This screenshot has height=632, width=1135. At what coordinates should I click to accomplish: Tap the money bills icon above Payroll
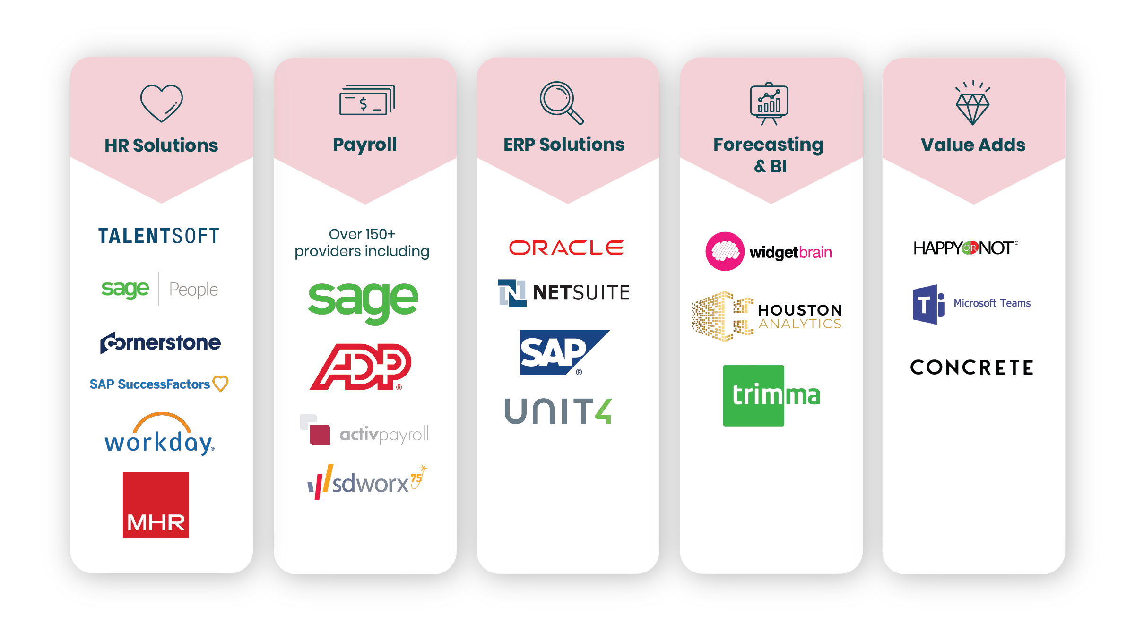click(x=367, y=100)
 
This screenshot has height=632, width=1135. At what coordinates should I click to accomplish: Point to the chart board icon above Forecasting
click(x=769, y=103)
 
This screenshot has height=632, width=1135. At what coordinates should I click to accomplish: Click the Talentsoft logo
click(x=159, y=236)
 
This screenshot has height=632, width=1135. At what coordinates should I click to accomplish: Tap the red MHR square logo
click(x=156, y=505)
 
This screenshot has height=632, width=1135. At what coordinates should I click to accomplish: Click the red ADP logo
click(x=361, y=367)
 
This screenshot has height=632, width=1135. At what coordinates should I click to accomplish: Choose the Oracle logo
click(x=566, y=248)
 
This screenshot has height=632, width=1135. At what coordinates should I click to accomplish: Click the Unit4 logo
click(x=558, y=411)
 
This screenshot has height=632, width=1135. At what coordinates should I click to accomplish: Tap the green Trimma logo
click(x=771, y=396)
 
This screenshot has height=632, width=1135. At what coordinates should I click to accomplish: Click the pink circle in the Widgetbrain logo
click(x=725, y=251)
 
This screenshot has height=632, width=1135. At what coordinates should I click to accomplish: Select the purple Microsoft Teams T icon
click(x=928, y=304)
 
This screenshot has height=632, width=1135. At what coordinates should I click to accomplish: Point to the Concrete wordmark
click(x=972, y=367)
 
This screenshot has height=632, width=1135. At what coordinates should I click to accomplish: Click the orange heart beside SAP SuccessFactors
click(x=220, y=384)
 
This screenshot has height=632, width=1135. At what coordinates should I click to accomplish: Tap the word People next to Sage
click(x=193, y=290)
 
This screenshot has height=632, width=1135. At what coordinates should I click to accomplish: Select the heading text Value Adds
click(x=973, y=145)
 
